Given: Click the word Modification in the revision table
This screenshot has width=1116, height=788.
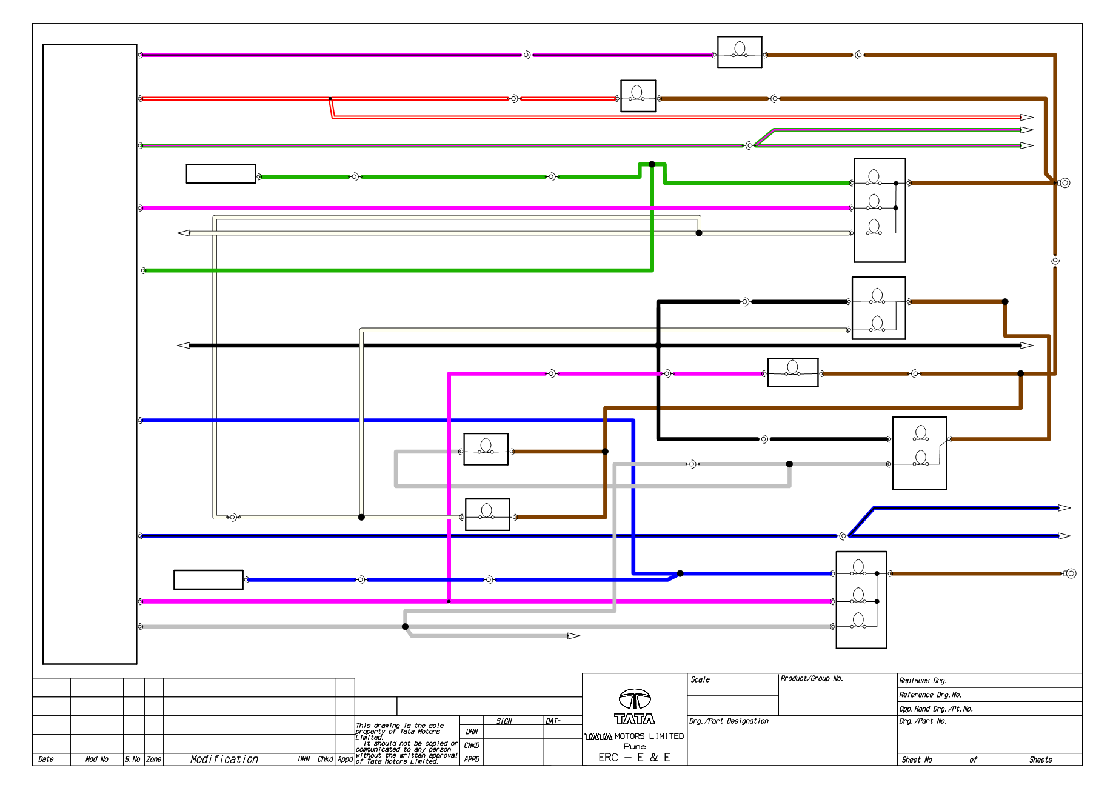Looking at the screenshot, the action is pyautogui.click(x=224, y=759).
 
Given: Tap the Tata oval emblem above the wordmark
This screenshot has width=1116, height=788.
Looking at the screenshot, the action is pyautogui.click(x=635, y=700).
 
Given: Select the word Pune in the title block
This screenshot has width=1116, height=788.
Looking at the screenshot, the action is pyautogui.click(x=635, y=746).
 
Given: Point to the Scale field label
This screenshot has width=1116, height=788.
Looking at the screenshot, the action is pyautogui.click(x=700, y=679).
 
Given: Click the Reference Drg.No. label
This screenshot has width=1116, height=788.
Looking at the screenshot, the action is pyautogui.click(x=931, y=695).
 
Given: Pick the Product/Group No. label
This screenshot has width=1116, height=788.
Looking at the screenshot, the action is pyautogui.click(x=812, y=679).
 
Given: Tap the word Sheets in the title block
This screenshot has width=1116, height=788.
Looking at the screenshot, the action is pyautogui.click(x=1040, y=760).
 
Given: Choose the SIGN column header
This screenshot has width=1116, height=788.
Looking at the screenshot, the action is pyautogui.click(x=504, y=721).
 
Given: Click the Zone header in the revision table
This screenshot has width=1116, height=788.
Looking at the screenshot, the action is pyautogui.click(x=154, y=759).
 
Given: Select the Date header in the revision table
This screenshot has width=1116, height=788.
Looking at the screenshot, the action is pyautogui.click(x=46, y=759).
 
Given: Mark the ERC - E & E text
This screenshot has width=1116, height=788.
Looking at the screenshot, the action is pyautogui.click(x=634, y=758).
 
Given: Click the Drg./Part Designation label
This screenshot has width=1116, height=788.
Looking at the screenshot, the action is pyautogui.click(x=729, y=721).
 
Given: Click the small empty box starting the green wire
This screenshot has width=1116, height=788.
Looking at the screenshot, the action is pyautogui.click(x=221, y=173).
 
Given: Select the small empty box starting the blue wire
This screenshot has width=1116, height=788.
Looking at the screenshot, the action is pyautogui.click(x=209, y=579).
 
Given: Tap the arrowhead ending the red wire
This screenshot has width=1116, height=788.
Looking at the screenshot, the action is pyautogui.click(x=1027, y=118).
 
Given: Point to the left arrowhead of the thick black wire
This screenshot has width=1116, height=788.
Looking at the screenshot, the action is pyautogui.click(x=184, y=346).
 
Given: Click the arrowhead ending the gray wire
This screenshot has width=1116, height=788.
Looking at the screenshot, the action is pyautogui.click(x=574, y=636).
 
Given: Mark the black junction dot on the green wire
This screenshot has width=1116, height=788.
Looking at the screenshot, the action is pyautogui.click(x=652, y=164).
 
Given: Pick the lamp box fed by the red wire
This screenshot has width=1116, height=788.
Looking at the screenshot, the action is pyautogui.click(x=638, y=96).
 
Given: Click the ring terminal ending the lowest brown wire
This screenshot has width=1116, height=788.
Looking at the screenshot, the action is pyautogui.click(x=1071, y=573).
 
